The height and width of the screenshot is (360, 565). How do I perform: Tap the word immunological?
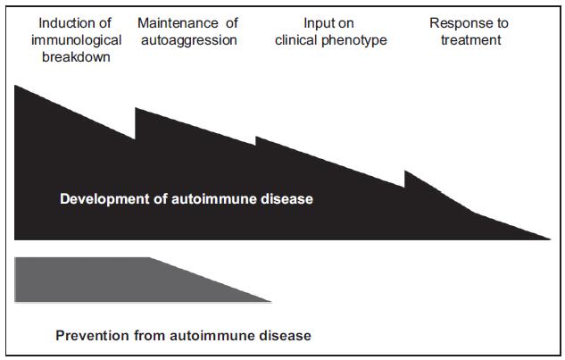pyautogui.click(x=77, y=40)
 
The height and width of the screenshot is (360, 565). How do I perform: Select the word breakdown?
pyautogui.click(x=76, y=57)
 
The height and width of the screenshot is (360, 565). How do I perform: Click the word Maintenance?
pyautogui.click(x=178, y=23)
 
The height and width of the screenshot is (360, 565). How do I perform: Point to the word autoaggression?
pyautogui.click(x=189, y=40)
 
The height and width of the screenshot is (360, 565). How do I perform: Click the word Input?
pyautogui.click(x=316, y=23)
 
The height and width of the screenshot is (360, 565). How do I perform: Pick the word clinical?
pyautogui.click(x=296, y=40)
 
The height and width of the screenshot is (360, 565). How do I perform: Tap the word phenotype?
pyautogui.click(x=353, y=41)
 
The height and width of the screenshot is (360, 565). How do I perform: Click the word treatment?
pyautogui.click(x=471, y=40)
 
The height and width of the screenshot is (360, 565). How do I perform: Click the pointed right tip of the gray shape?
pyautogui.click(x=270, y=301)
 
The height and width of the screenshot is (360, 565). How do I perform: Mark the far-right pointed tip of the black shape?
pyautogui.click(x=550, y=239)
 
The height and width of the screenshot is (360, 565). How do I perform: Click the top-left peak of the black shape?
pyautogui.click(x=15, y=86)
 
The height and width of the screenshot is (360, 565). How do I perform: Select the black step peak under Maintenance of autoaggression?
pyautogui.click(x=135, y=108)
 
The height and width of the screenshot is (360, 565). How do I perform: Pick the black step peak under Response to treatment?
pyautogui.click(x=404, y=171)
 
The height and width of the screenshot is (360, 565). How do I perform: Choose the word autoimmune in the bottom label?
pyautogui.click(x=212, y=336)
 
